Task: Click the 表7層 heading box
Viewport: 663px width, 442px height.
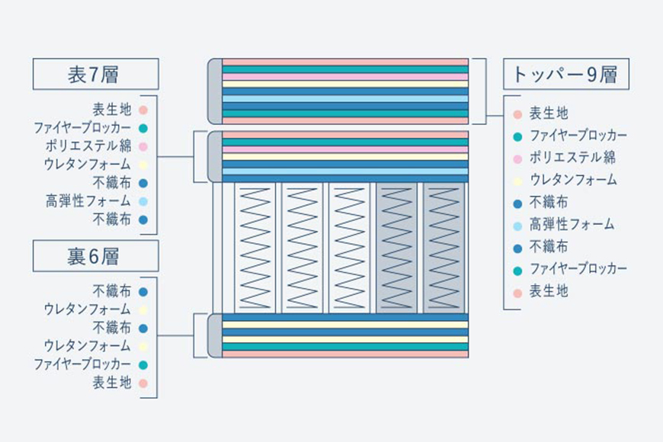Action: point(95,74)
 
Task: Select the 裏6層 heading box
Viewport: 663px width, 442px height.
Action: point(95,256)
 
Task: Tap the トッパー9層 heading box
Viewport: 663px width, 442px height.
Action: point(566,74)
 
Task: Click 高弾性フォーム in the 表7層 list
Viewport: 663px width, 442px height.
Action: point(88,201)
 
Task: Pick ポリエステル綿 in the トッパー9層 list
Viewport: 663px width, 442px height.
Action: point(572,158)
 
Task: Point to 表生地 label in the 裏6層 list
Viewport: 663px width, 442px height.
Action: point(112,383)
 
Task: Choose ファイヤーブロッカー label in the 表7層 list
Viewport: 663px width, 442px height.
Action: point(82,128)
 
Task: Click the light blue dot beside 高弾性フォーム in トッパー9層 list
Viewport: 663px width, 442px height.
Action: point(517,226)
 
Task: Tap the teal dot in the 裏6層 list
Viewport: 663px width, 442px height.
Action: point(143,365)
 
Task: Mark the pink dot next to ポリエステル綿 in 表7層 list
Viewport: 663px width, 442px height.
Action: point(143,146)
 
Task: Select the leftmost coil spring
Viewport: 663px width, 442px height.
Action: point(255,248)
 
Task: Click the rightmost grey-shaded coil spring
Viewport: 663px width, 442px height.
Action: point(444,248)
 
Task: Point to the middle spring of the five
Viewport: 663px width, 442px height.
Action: point(349,248)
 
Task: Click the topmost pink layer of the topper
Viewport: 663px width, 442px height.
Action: point(345,62)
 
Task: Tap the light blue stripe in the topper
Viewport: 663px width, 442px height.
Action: point(345,98)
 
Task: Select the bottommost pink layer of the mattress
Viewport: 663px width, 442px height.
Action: point(345,354)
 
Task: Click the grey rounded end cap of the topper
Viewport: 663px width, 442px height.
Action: point(215,91)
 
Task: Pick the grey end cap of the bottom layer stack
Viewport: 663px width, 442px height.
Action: point(215,336)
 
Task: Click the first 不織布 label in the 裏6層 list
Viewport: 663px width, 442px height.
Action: point(112,291)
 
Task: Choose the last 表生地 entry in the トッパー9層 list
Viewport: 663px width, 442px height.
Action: point(549,291)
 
